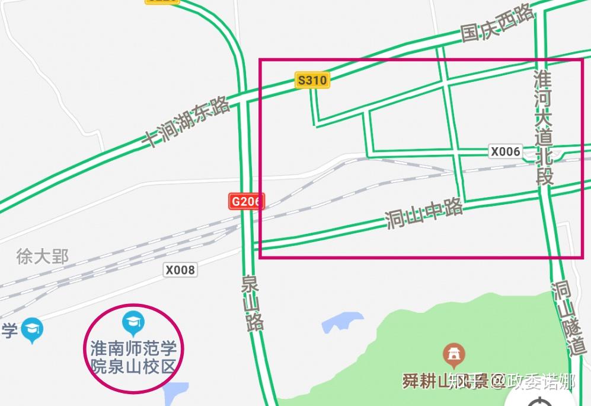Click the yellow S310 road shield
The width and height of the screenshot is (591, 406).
click(312, 80)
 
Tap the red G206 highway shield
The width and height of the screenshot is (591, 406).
click(245, 201)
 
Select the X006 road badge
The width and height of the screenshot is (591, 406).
click(505, 151)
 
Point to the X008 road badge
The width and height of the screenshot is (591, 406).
click(180, 270)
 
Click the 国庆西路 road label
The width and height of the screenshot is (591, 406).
click(498, 26)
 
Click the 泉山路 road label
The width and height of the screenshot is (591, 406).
click(253, 303)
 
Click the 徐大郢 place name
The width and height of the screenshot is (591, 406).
click(42, 257)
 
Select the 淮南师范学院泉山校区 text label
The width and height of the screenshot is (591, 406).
click(133, 357)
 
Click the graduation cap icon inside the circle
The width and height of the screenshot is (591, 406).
click(133, 322)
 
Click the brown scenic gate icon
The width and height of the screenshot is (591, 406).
click(453, 356)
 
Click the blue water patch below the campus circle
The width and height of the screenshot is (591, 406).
click(175, 393)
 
